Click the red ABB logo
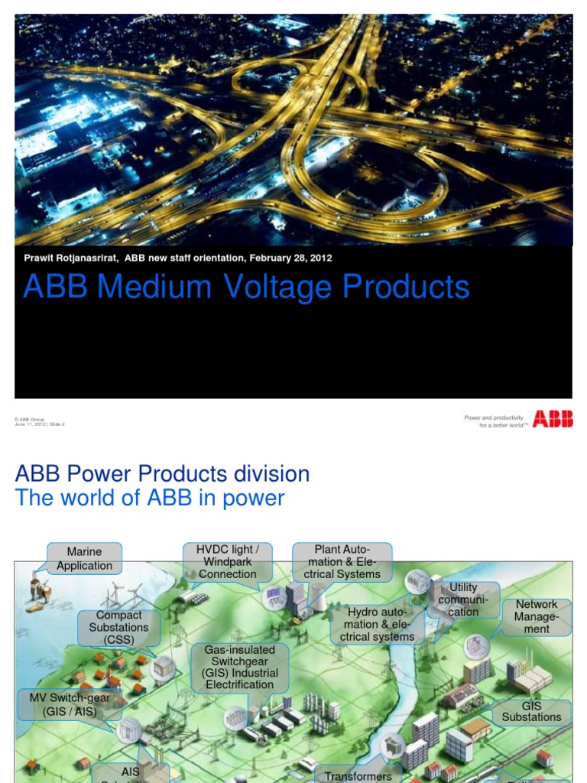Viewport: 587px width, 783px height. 553,419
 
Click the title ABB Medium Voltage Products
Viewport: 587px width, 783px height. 246,287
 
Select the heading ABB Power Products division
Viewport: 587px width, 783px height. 162,473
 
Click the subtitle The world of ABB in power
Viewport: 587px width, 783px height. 150,498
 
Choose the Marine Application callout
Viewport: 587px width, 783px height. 84,558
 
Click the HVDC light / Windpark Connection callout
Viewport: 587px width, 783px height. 228,562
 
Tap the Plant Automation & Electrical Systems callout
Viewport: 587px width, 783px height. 342,562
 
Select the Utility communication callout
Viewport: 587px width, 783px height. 463,599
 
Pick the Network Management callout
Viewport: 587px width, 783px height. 537,616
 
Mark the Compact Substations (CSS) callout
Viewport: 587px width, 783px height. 118,627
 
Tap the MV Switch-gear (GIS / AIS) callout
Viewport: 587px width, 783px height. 70,704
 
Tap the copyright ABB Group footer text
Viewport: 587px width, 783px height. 31,420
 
